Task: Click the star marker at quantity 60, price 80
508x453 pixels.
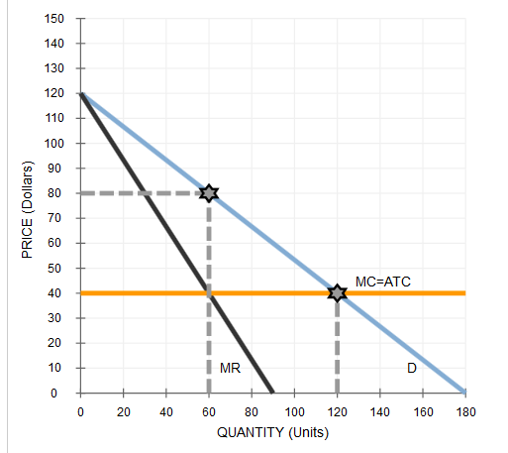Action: [208, 192]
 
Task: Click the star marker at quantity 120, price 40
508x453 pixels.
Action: [338, 292]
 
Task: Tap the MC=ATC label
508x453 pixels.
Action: [382, 283]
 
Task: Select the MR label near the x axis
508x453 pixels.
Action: [230, 369]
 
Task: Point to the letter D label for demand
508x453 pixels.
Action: [411, 369]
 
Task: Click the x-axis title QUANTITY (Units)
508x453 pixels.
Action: [272, 433]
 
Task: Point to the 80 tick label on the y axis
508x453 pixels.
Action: [57, 193]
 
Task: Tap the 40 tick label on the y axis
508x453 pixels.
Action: [57, 292]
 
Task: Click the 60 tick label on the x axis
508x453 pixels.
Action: [208, 409]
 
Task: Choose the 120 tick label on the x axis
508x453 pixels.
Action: [338, 409]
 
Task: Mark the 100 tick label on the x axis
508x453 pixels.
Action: [294, 409]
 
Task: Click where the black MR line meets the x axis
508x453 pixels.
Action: [273, 392]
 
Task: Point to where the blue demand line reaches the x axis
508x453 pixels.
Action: [465, 392]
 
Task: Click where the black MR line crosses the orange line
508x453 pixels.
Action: [208, 292]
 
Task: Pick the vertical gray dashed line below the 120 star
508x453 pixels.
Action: [338, 347]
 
